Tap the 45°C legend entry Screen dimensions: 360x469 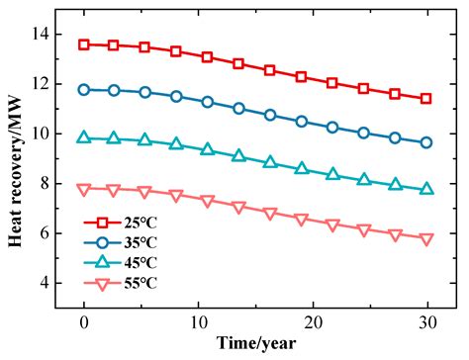click(x=124, y=260)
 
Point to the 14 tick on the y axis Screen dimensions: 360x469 click(x=49, y=34)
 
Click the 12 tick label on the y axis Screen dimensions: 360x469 click(x=49, y=83)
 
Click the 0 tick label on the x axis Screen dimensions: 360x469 click(x=84, y=322)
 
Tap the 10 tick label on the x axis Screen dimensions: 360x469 click(x=198, y=322)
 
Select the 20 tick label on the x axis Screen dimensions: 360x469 click(x=312, y=322)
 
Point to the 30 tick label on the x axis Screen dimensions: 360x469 click(x=426, y=322)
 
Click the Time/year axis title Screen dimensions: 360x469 click(x=254, y=345)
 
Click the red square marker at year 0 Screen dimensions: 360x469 click(x=84, y=45)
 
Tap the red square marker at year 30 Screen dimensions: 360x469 click(x=426, y=98)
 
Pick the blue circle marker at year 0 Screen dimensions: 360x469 click(x=84, y=89)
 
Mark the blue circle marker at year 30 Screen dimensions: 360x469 click(x=426, y=142)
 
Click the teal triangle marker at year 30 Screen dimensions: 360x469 click(x=426, y=188)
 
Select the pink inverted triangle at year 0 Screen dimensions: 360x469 click(x=84, y=189)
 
